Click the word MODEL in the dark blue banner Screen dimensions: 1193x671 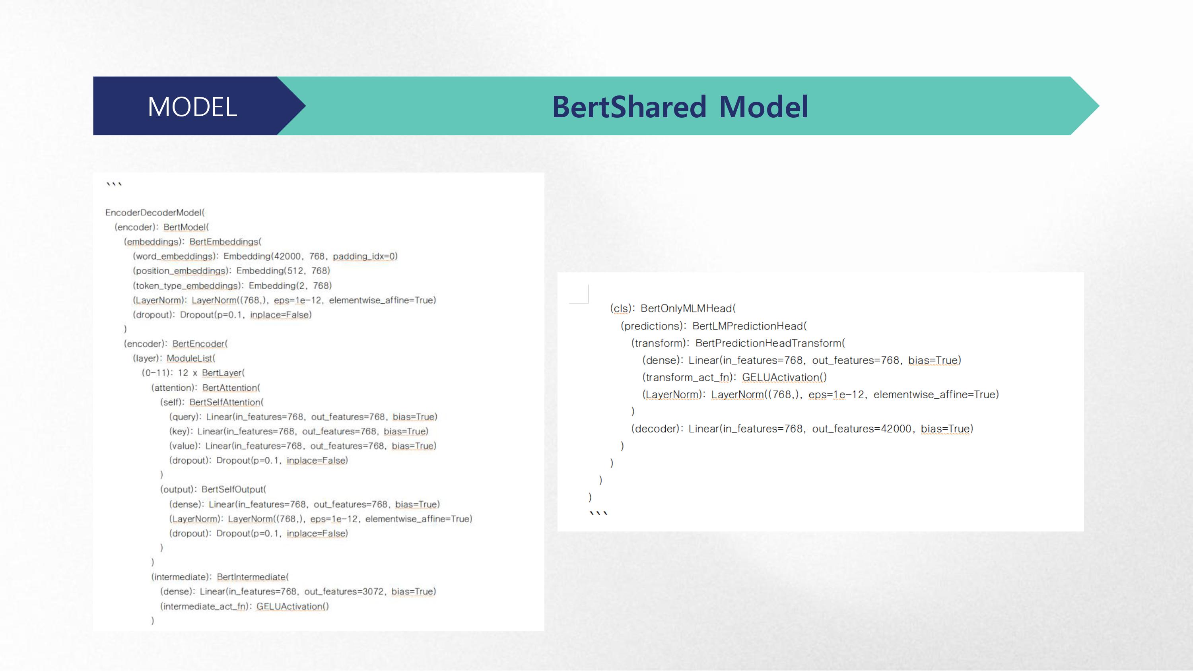192,107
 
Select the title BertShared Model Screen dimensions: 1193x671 680,107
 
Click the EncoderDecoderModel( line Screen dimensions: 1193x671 155,213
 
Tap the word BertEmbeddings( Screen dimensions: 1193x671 225,242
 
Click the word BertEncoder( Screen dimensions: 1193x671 200,343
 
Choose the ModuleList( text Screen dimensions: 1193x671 191,358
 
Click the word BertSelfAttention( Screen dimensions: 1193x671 226,402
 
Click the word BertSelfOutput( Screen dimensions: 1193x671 233,489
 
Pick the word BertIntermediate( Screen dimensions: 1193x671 253,577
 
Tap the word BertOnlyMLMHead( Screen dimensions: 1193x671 688,308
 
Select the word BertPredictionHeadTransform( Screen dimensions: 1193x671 770,343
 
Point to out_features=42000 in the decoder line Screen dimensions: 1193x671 862,429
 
